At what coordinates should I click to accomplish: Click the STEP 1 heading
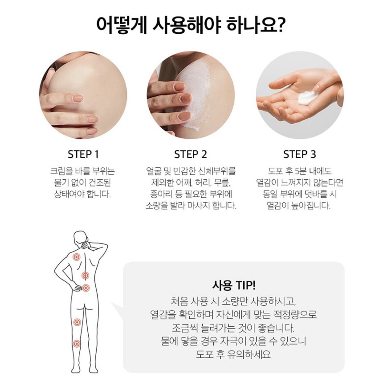(83, 154)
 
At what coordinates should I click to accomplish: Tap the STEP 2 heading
(191, 154)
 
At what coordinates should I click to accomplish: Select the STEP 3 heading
(299, 154)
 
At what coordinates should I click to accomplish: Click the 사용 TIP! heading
(234, 286)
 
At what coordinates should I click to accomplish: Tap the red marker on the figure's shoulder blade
(76, 257)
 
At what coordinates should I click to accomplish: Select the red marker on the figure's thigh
(77, 322)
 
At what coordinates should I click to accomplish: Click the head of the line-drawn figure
(81, 237)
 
